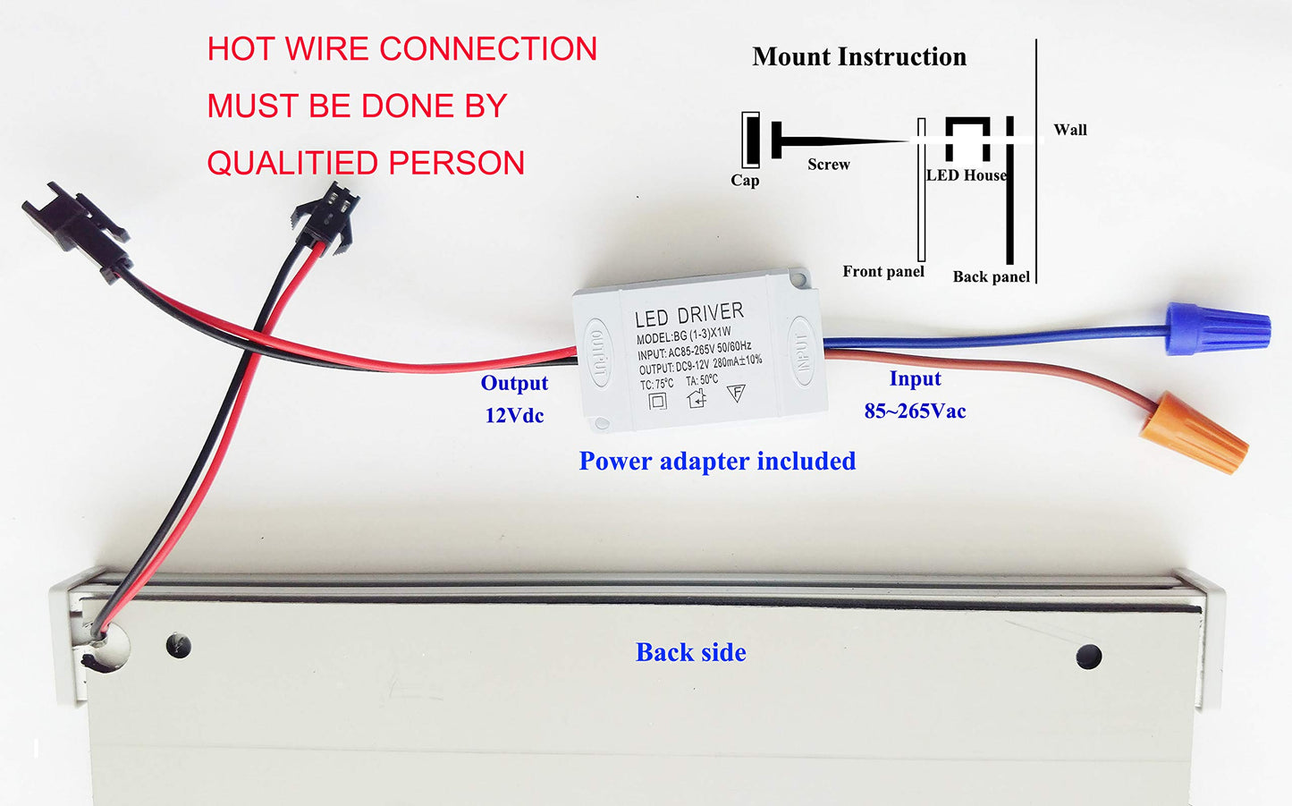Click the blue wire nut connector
(x=1218, y=328)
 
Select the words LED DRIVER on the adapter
(x=688, y=315)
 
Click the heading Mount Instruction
(x=859, y=57)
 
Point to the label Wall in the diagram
(x=1069, y=130)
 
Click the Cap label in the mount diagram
(x=745, y=181)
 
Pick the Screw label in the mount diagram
(x=829, y=165)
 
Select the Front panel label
(x=883, y=272)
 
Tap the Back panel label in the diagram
(x=991, y=277)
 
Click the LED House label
(x=967, y=175)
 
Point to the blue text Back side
(x=690, y=653)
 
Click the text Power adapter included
(x=717, y=462)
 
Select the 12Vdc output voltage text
(x=514, y=416)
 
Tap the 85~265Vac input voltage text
(x=915, y=411)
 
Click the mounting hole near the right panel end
(x=1088, y=657)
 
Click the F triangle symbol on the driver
(x=736, y=393)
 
